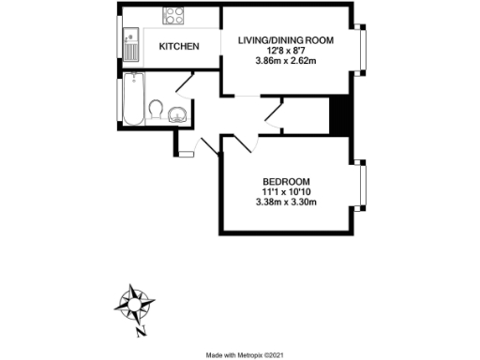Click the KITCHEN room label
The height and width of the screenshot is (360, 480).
[x=178, y=46]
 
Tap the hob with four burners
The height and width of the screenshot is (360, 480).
[x=174, y=14]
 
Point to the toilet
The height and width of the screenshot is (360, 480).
[x=156, y=112]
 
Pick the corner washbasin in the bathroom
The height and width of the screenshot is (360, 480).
[x=177, y=115]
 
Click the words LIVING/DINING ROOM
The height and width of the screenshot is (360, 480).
[x=286, y=41]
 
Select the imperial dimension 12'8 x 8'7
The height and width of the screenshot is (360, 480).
[x=286, y=52]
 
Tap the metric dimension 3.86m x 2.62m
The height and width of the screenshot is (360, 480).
[x=286, y=62]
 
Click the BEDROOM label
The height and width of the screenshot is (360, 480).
[x=286, y=181]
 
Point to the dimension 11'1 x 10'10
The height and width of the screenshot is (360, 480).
[x=286, y=191]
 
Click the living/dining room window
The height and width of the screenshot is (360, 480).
[x=363, y=54]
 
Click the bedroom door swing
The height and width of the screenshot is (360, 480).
[x=241, y=142]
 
